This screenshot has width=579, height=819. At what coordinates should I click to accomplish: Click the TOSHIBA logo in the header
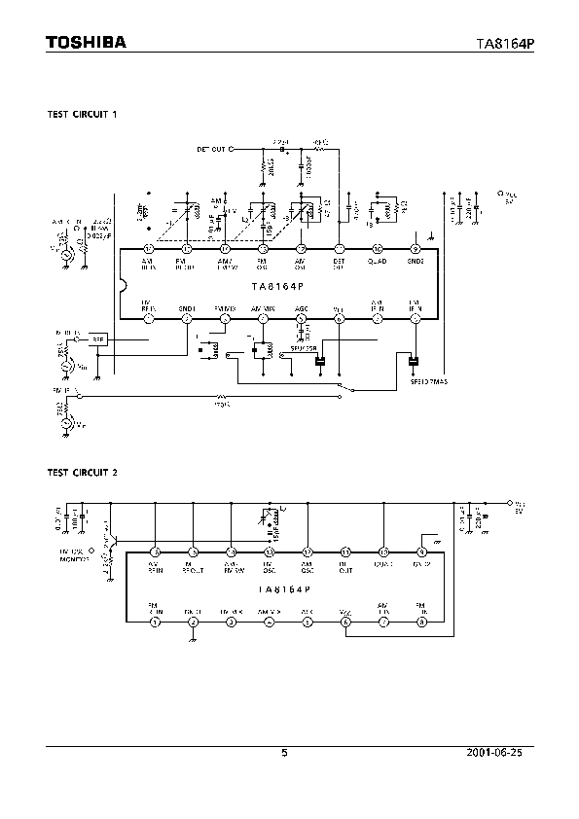pyautogui.click(x=86, y=42)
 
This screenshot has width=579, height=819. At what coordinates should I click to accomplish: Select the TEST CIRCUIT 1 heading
pyautogui.click(x=83, y=114)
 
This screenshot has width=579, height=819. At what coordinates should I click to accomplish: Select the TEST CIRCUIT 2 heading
pyautogui.click(x=83, y=473)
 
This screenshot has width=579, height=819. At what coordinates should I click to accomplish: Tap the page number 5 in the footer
pyautogui.click(x=284, y=753)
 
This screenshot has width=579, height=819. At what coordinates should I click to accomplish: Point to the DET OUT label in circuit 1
pyautogui.click(x=210, y=150)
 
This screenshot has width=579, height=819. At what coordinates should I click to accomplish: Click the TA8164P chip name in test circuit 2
pyautogui.click(x=283, y=589)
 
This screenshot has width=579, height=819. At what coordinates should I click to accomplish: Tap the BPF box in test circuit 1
pyautogui.click(x=97, y=338)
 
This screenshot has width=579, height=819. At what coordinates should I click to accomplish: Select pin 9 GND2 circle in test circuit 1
pyautogui.click(x=416, y=249)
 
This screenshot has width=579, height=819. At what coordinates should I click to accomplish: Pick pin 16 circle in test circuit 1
pyautogui.click(x=148, y=249)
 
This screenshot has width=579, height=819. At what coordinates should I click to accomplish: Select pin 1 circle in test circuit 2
pyautogui.click(x=154, y=622)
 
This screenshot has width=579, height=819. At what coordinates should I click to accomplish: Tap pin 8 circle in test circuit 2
pyautogui.click(x=421, y=622)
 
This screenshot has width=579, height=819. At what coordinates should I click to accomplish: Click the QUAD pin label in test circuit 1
pyautogui.click(x=378, y=262)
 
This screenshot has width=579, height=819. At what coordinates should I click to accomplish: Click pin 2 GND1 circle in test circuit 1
pyautogui.click(x=186, y=319)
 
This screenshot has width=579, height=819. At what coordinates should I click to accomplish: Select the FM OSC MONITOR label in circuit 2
pyautogui.click(x=74, y=555)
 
